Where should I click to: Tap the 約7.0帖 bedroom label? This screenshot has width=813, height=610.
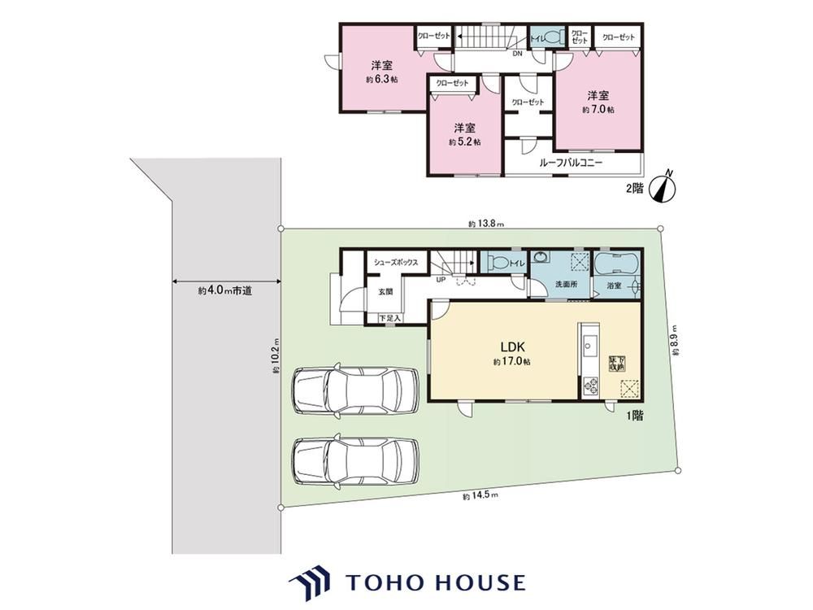(598, 102)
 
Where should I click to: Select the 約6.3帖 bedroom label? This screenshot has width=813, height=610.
(381, 72)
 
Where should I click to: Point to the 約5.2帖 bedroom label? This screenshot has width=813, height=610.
(464, 134)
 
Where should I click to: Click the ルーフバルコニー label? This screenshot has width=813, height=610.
(571, 163)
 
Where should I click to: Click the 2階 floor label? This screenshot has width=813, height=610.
(633, 188)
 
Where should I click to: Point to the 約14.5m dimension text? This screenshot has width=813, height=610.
(480, 495)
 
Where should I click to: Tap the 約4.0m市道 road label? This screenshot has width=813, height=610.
(224, 290)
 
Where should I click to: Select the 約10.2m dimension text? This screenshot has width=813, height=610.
(276, 358)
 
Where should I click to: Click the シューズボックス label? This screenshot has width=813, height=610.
(396, 262)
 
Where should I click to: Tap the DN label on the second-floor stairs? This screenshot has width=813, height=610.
(517, 54)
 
